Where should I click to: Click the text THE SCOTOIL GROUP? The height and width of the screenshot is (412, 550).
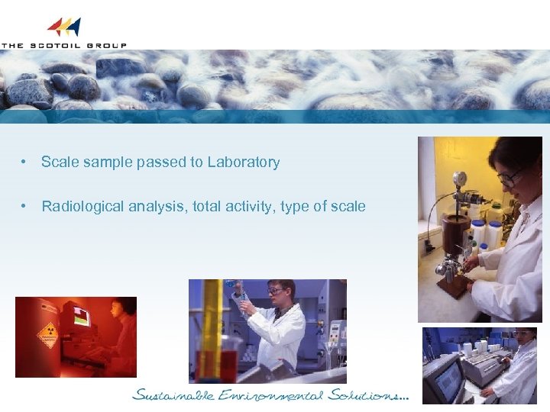tap(63, 45)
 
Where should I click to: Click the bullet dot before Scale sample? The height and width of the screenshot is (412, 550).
tap(25, 163)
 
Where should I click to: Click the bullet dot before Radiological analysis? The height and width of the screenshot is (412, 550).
tap(25, 207)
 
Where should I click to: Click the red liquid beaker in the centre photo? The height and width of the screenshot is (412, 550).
tap(209, 362)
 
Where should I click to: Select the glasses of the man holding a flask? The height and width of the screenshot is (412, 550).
tap(276, 291)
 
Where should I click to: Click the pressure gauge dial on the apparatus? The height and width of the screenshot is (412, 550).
tap(458, 179)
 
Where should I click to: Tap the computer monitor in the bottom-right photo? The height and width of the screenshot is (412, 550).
tap(447, 378)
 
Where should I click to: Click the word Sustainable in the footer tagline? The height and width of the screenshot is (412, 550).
tap(168, 395)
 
